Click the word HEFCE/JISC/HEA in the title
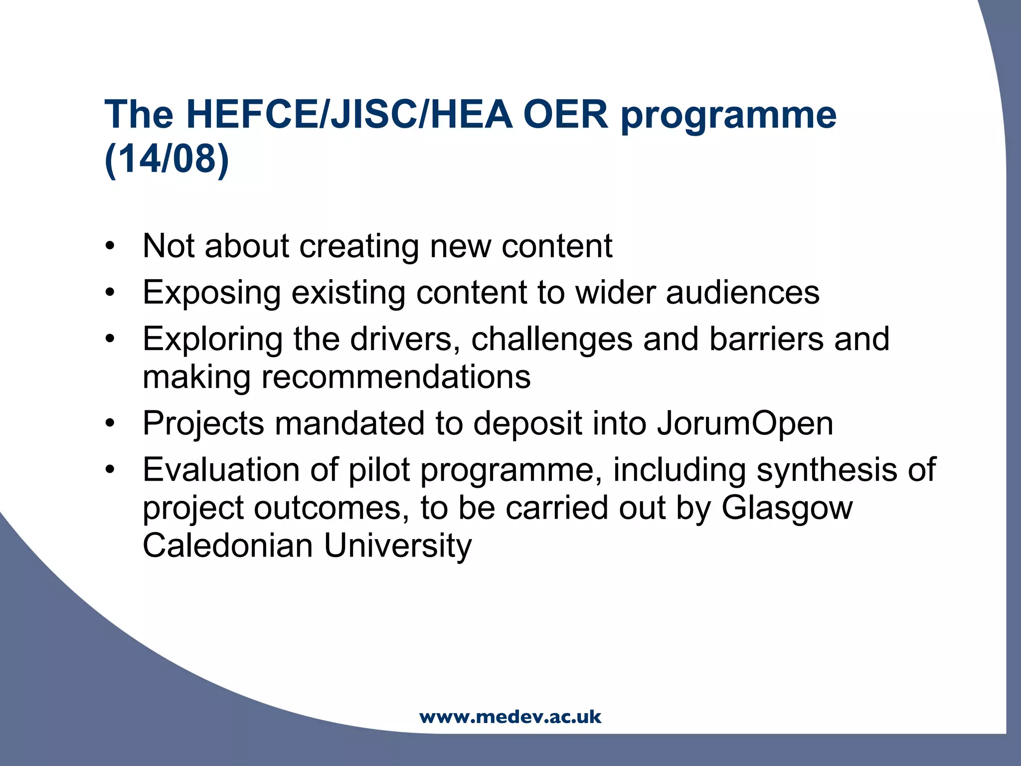[x=349, y=115]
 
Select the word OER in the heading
[x=565, y=115]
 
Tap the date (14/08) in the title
[x=167, y=159]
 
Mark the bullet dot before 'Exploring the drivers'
[x=110, y=339]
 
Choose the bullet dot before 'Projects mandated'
[x=110, y=423]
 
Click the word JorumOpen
[x=745, y=423]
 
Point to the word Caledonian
[x=228, y=545]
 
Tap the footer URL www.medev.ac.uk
[x=510, y=717]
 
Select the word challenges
[x=551, y=340]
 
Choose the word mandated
[x=349, y=423]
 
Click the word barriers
[x=766, y=339]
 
